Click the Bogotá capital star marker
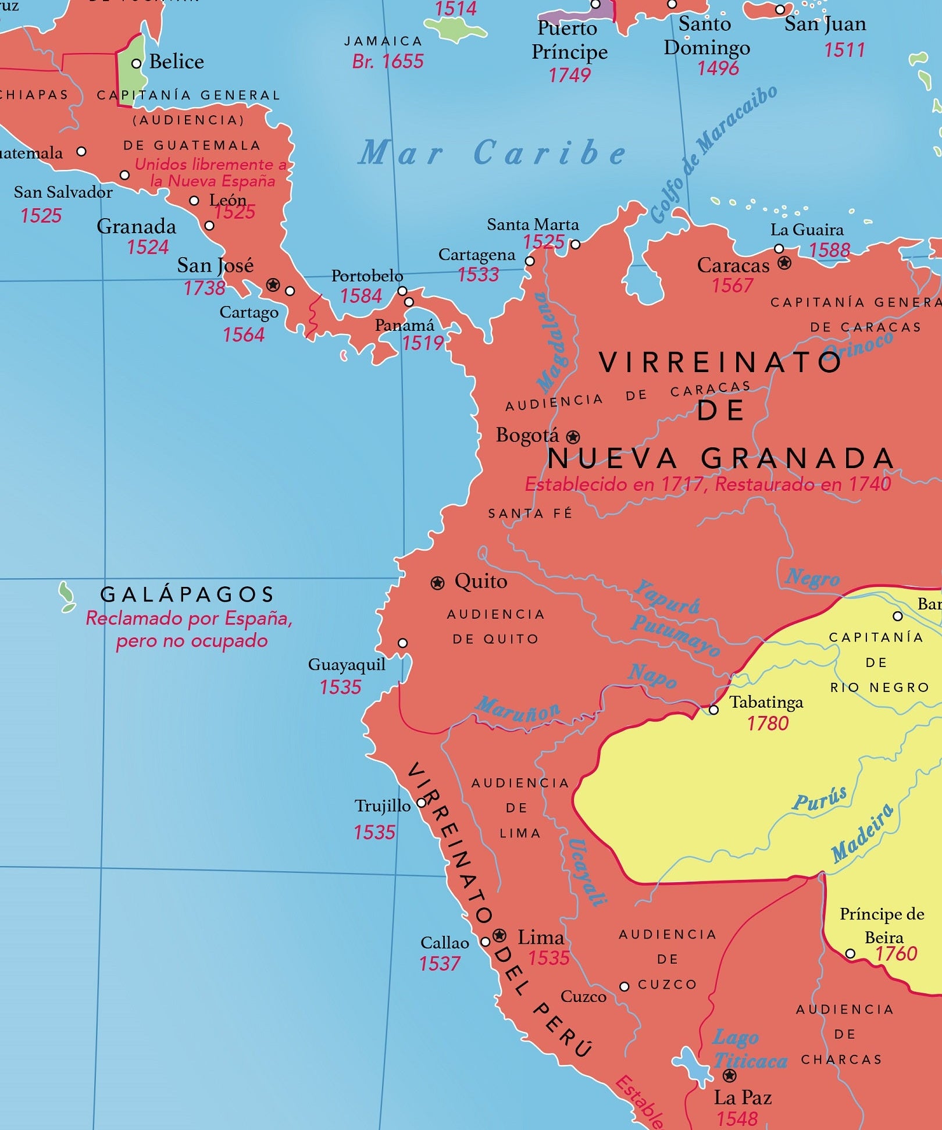tap(573, 436)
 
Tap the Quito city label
tap(480, 581)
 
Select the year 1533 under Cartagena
tap(478, 275)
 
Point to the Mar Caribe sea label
tap(492, 153)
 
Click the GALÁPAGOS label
tap(187, 594)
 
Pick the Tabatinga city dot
tap(713, 710)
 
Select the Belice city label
tap(176, 62)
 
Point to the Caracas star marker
tap(784, 263)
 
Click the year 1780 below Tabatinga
tap(768, 723)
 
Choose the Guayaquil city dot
tap(402, 643)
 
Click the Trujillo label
tap(383, 806)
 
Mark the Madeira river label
tap(862, 833)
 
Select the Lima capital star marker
tap(499, 935)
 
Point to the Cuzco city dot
tap(624, 986)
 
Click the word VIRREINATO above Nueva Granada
tap(720, 362)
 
